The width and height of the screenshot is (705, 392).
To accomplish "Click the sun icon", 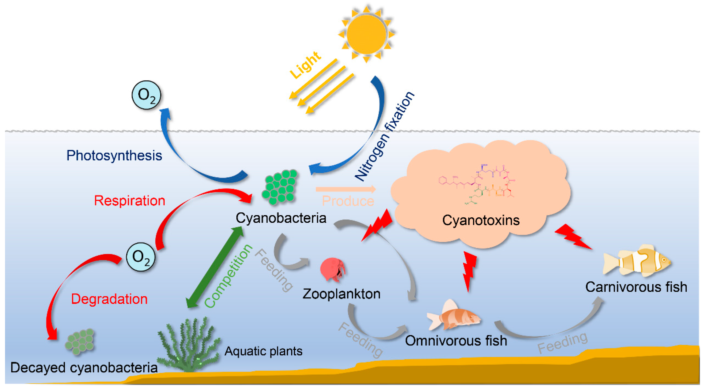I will [x=366, y=34].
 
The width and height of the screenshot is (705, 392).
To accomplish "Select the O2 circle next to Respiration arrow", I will [x=141, y=257].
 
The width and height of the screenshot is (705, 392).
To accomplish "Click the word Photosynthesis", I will [x=114, y=155].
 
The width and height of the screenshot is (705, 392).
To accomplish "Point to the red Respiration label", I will [x=129, y=201].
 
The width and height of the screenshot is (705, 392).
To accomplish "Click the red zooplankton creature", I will [x=333, y=270].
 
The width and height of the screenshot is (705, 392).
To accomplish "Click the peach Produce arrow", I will [x=346, y=189].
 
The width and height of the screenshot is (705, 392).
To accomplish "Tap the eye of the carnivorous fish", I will [x=663, y=259].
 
